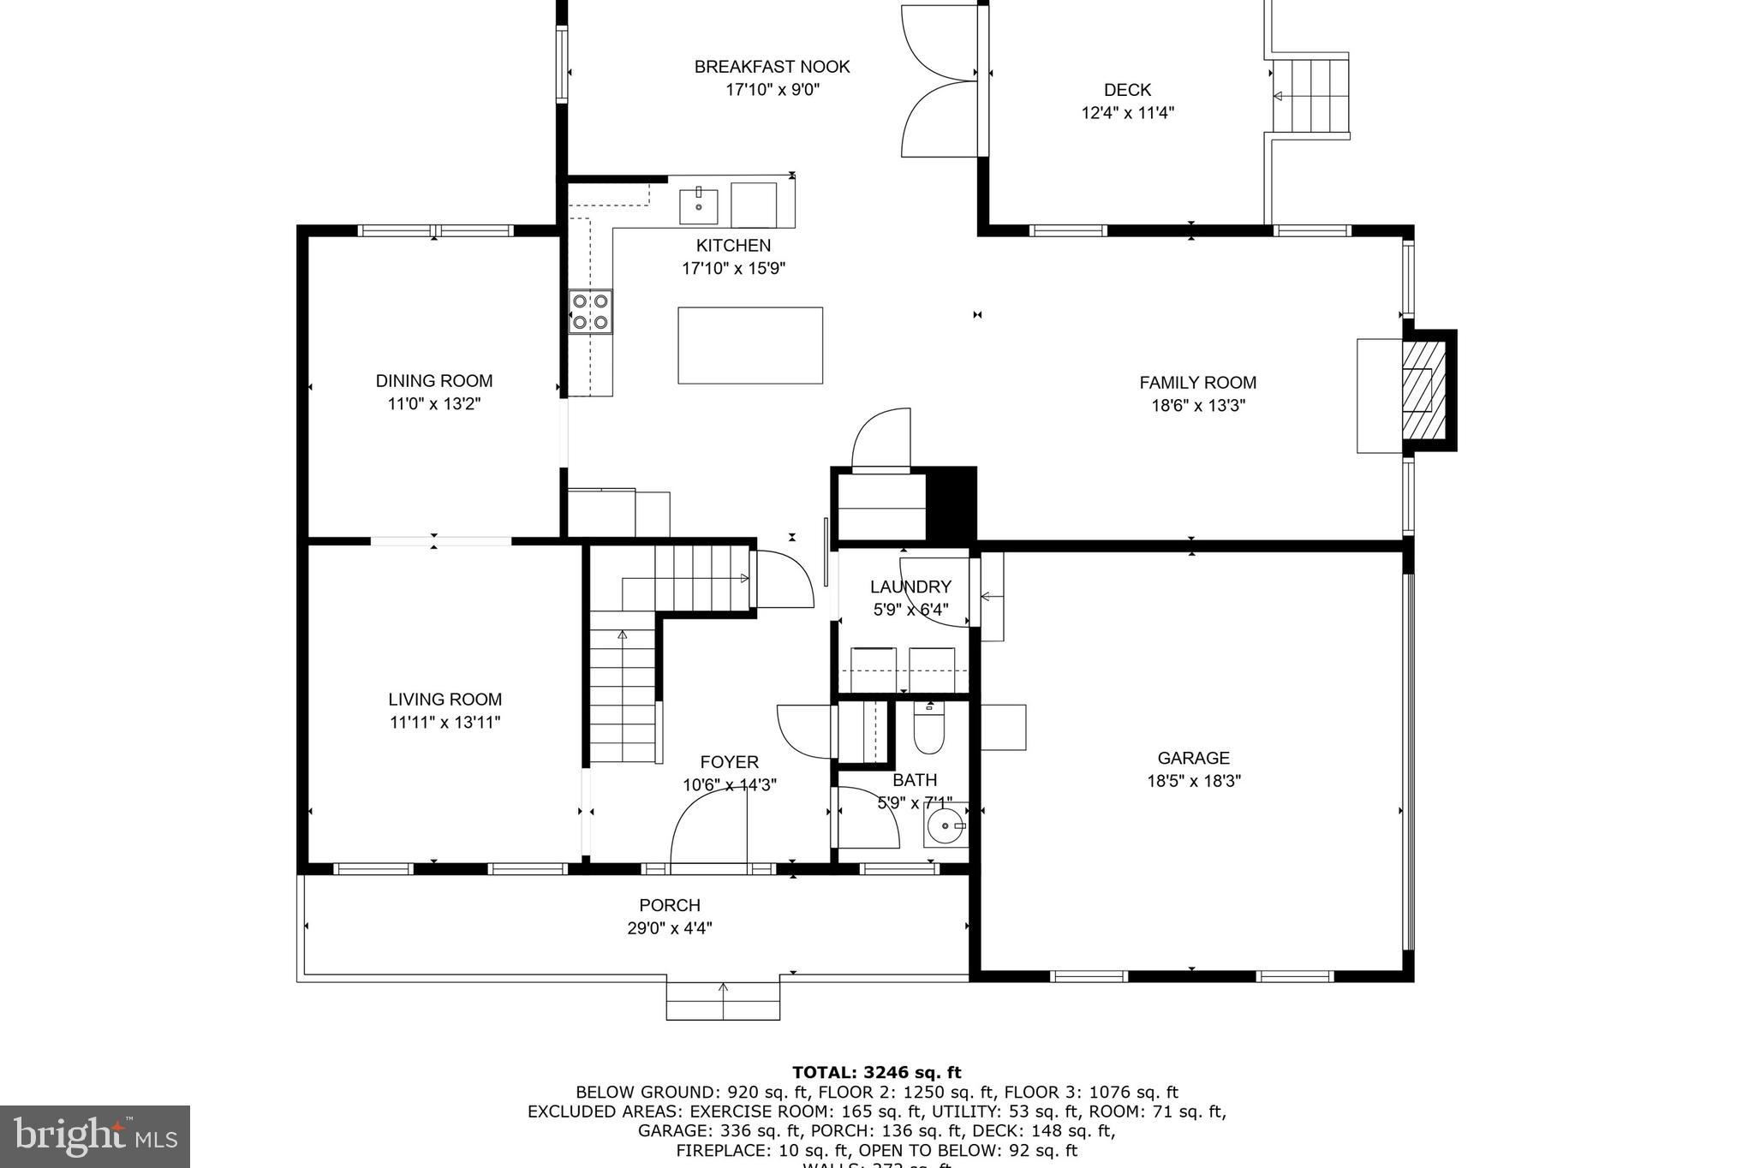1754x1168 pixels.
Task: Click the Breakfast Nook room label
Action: [772, 67]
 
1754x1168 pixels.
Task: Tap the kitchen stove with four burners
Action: [590, 312]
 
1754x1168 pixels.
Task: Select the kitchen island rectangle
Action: [750, 345]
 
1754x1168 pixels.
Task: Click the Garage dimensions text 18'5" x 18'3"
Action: [1194, 781]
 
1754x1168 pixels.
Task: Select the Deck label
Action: [1127, 90]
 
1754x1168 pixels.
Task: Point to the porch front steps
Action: [723, 1000]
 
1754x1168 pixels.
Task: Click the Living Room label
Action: [444, 700]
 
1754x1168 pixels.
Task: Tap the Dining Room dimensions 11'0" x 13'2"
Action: [434, 404]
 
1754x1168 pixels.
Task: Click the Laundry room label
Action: [910, 587]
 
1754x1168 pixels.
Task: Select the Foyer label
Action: [729, 762]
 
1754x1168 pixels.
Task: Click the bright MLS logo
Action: [94, 1136]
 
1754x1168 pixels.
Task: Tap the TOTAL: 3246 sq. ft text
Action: [876, 1073]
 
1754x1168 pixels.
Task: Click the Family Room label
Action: [1197, 383]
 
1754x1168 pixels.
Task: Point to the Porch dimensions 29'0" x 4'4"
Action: [670, 928]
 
